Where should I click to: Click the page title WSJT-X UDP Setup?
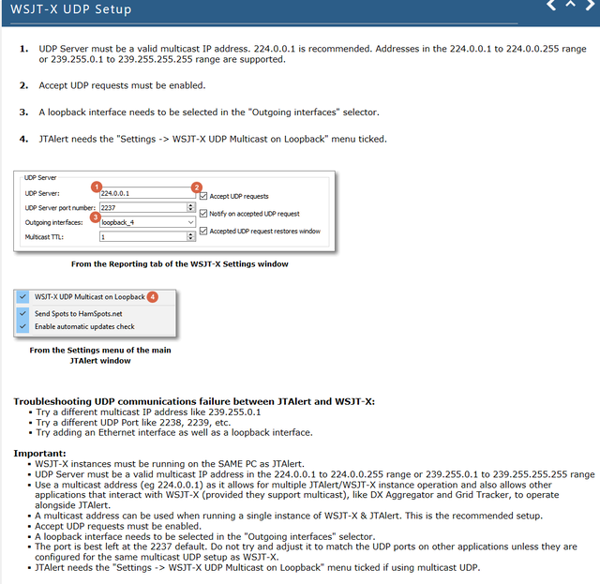pyautogui.click(x=71, y=9)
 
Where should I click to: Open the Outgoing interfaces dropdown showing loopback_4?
pyautogui.click(x=146, y=223)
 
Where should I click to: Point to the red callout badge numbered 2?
pyautogui.click(x=197, y=187)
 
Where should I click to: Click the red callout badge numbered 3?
pyautogui.click(x=94, y=217)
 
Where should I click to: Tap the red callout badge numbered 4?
pyautogui.click(x=153, y=297)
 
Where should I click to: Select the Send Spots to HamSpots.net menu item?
pyautogui.click(x=78, y=313)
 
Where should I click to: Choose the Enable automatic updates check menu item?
pyautogui.click(x=84, y=326)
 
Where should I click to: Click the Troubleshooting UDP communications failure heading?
pyautogui.click(x=193, y=401)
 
